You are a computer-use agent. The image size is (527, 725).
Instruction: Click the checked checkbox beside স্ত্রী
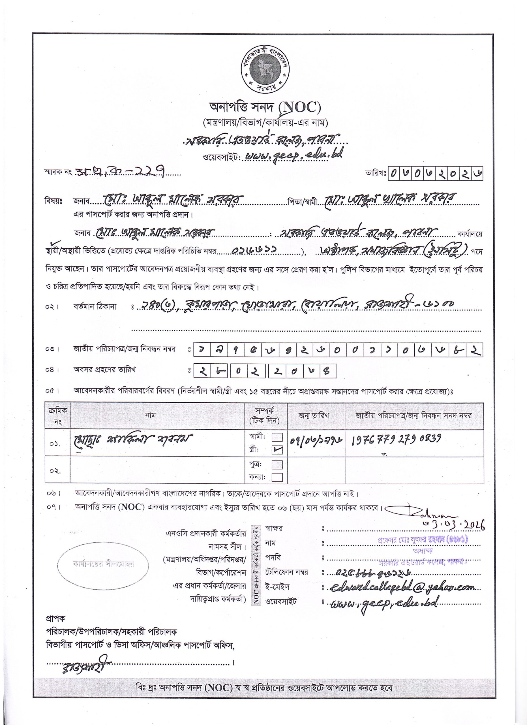point(277,449)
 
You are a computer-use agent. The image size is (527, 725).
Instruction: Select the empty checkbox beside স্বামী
point(277,437)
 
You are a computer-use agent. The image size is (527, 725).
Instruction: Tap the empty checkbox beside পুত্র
point(277,464)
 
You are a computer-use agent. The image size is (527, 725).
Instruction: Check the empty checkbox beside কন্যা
point(277,477)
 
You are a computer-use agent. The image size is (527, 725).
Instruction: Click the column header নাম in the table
point(157,415)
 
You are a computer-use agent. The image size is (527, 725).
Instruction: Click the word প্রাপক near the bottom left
point(55,619)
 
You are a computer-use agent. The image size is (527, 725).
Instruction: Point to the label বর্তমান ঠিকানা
point(95,306)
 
